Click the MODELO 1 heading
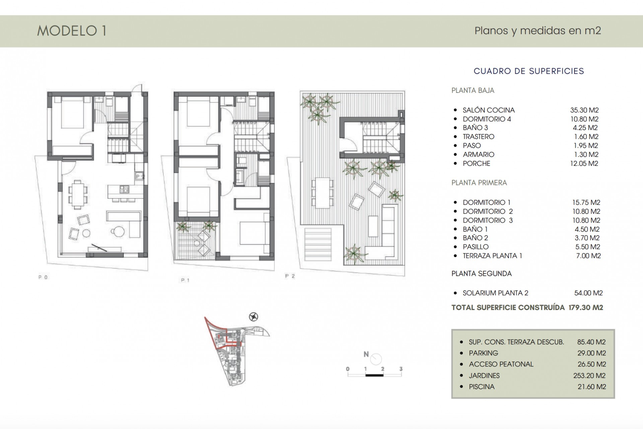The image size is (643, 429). pos(72,31)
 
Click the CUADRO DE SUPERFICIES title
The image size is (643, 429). pos(529,71)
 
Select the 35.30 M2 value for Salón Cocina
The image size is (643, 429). pos(584,110)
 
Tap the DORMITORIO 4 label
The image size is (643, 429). pos(487,119)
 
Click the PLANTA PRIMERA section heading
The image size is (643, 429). pos(479,183)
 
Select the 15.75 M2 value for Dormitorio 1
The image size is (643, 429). pos(586,202)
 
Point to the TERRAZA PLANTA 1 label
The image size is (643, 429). pos(492,256)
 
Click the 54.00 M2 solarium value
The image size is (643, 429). pos(588,293)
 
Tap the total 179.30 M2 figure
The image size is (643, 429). pos(586,308)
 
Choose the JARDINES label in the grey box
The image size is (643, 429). pos(484,376)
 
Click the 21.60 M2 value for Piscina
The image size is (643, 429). pos(592,387)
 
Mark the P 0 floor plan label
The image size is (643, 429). pos(43,278)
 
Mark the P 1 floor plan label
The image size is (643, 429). pos(185,280)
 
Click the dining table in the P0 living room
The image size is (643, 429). pos(78,192)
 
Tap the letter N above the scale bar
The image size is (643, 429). pos(366,354)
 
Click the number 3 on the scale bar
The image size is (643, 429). pos(401,369)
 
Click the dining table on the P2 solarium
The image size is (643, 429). pos(323,193)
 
